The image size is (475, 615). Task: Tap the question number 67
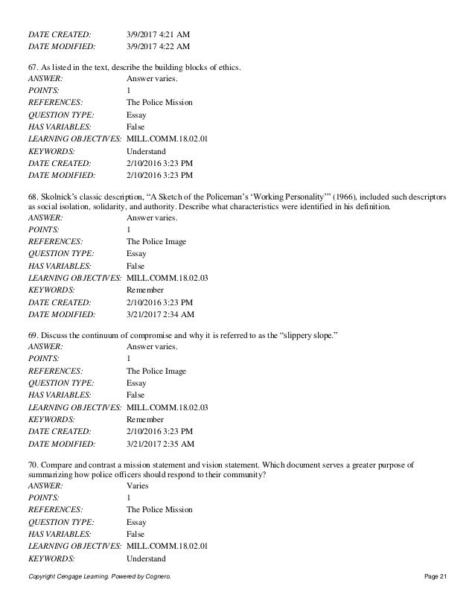pyautogui.click(x=32, y=68)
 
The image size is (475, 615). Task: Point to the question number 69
pyautogui.click(x=32, y=337)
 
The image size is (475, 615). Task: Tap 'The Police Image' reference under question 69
pyautogui.click(x=156, y=371)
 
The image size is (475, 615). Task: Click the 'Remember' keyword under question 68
pyautogui.click(x=145, y=290)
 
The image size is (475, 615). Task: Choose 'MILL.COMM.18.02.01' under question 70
pyautogui.click(x=168, y=545)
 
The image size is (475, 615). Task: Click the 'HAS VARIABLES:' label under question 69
pyautogui.click(x=60, y=395)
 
